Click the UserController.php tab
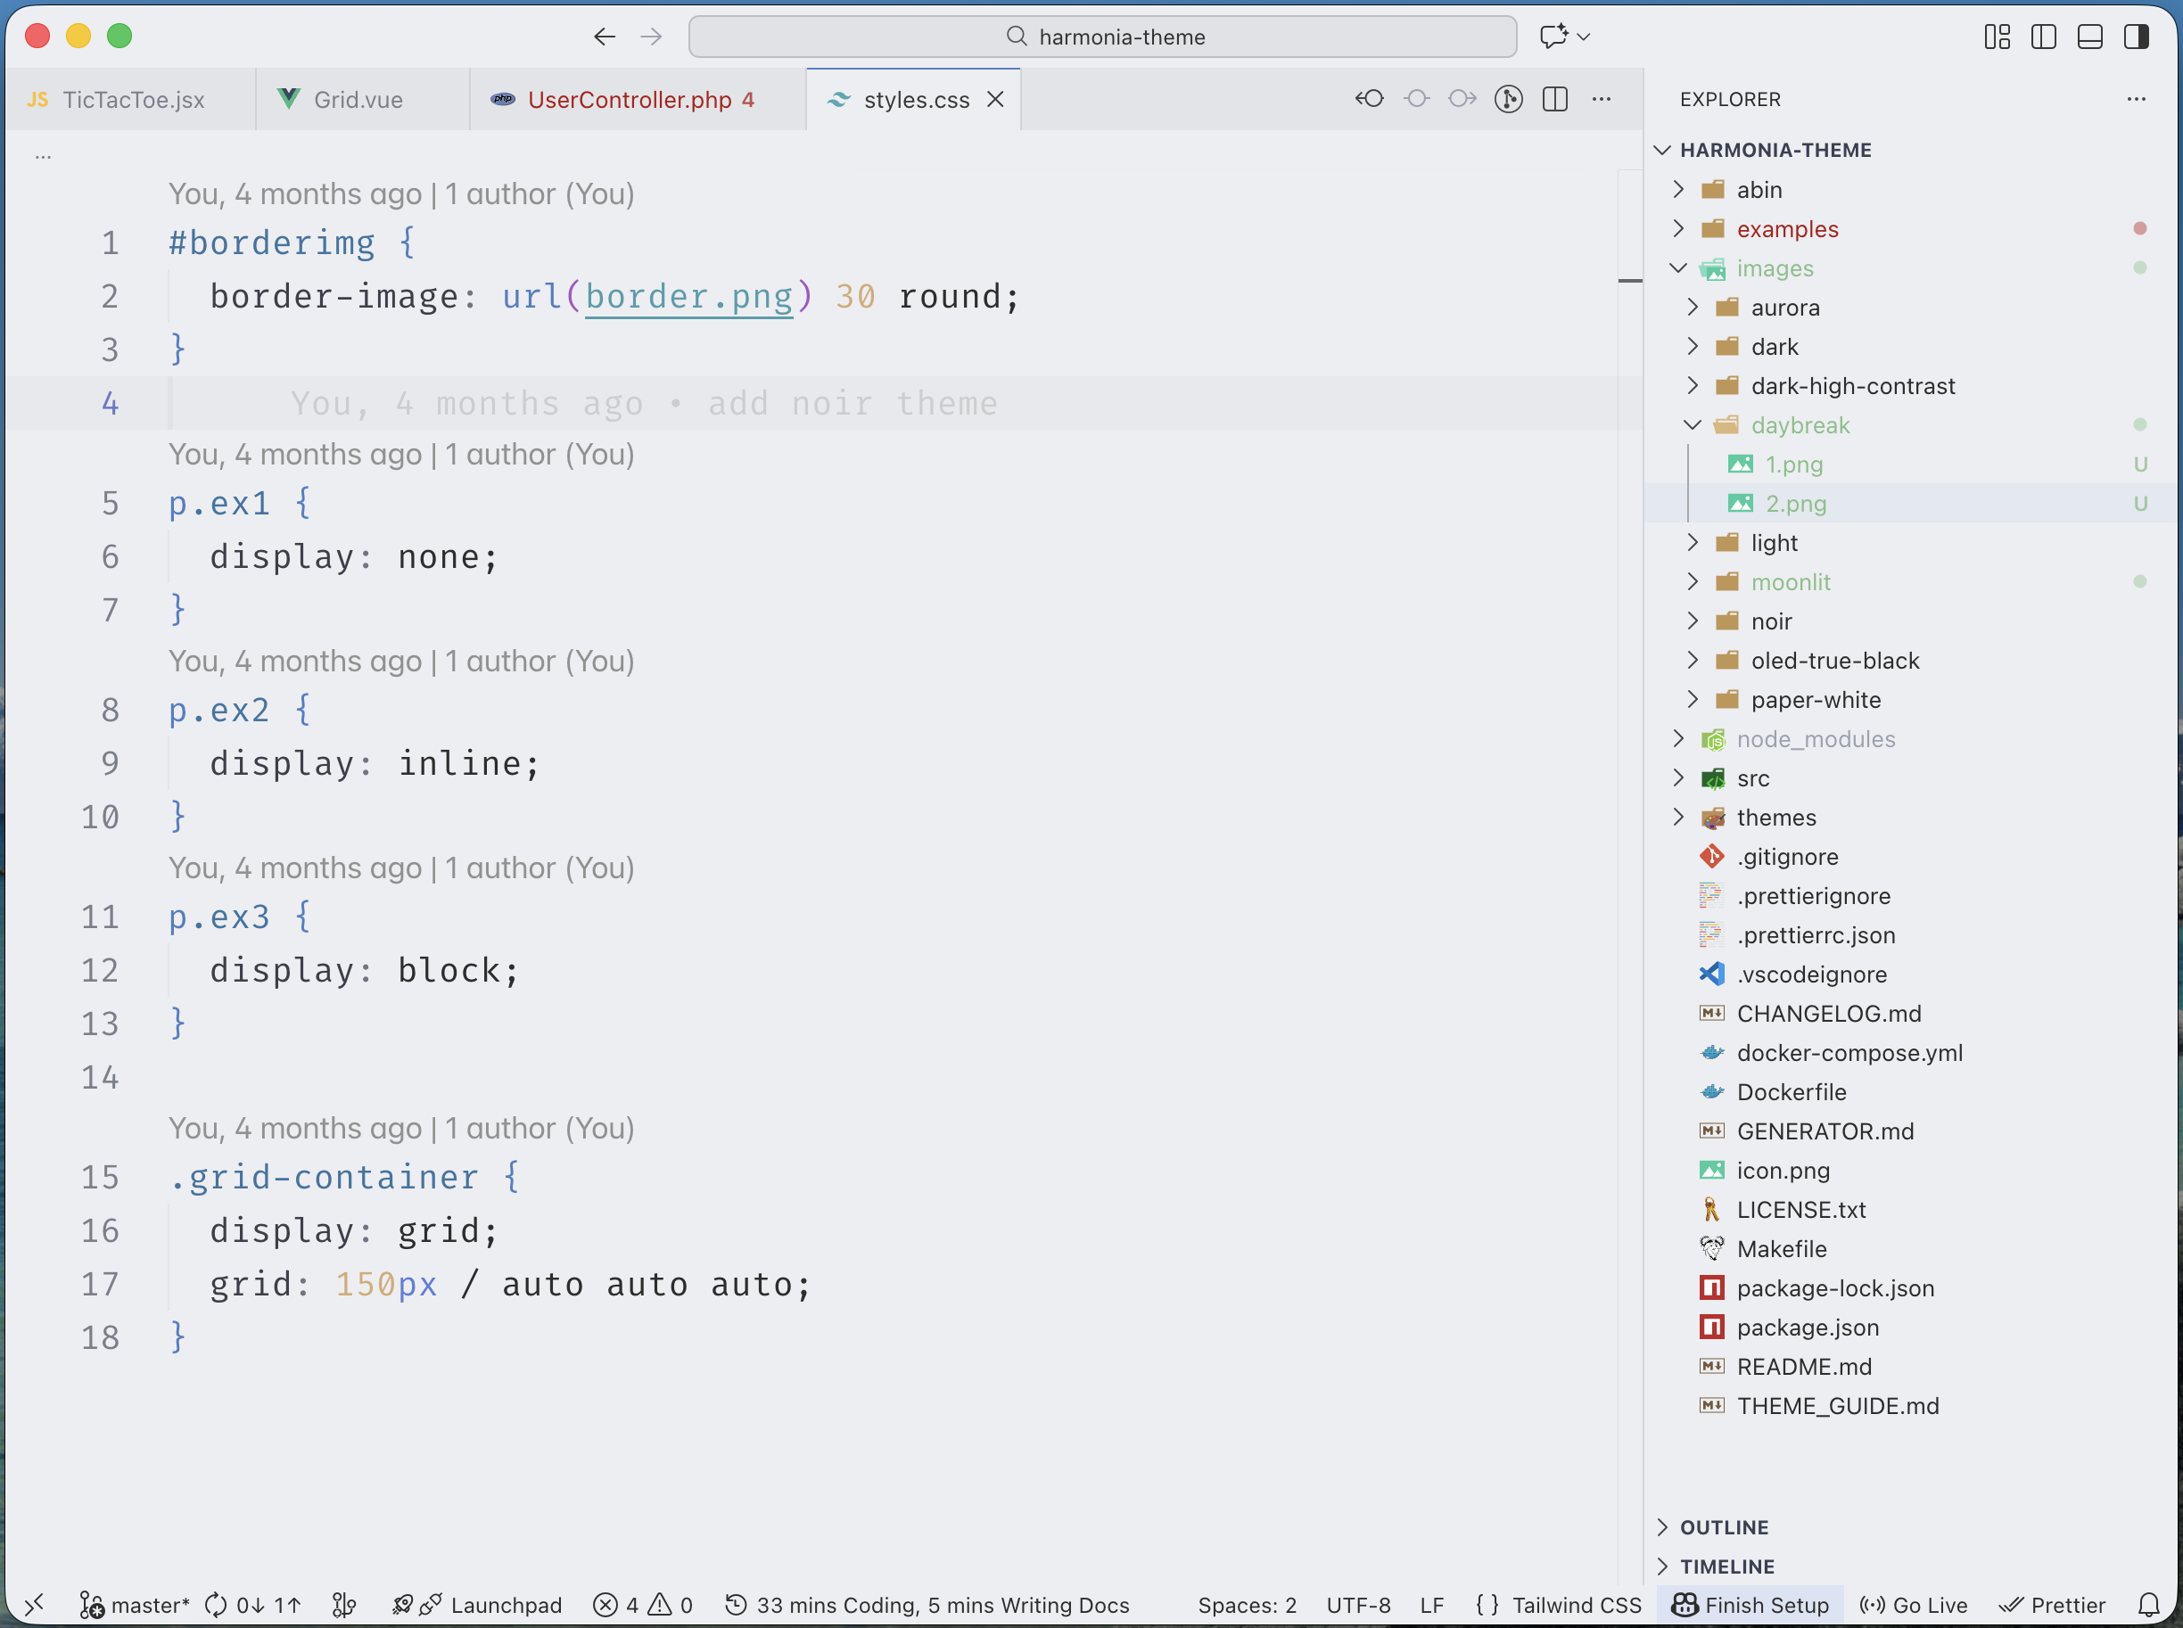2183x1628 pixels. click(x=629, y=100)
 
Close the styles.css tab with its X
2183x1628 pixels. click(x=995, y=100)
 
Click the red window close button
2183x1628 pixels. click(x=37, y=37)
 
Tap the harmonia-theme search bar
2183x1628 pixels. click(x=1102, y=37)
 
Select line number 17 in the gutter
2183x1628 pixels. click(x=100, y=1284)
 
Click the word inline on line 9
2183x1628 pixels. click(x=459, y=764)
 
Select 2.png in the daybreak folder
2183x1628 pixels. click(x=1795, y=504)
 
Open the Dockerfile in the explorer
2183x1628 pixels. click(x=1791, y=1092)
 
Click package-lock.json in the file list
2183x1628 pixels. click(x=1834, y=1288)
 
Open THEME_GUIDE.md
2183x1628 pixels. click(x=1837, y=1405)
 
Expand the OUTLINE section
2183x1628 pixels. click(x=1724, y=1526)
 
